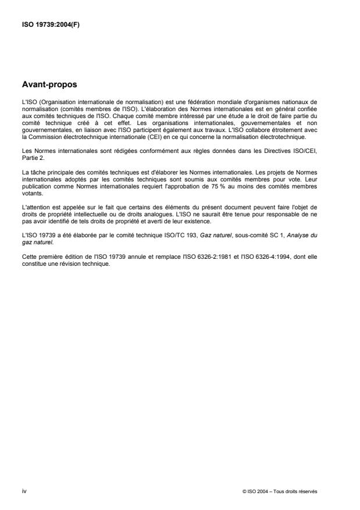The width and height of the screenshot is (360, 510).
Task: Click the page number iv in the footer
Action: (24, 491)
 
